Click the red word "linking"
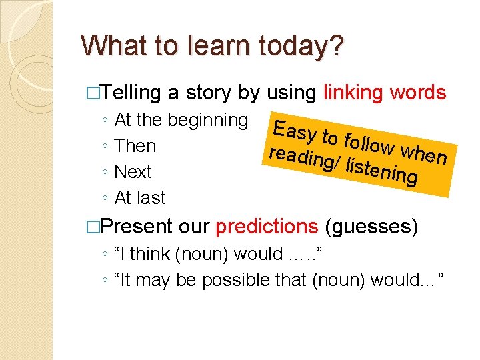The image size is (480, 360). click(354, 93)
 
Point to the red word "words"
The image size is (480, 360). click(419, 93)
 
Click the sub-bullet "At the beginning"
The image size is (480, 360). click(181, 120)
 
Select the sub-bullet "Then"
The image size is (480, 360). click(135, 146)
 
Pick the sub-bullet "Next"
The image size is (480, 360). click(133, 172)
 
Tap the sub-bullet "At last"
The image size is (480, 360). click(140, 198)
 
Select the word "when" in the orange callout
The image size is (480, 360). click(425, 153)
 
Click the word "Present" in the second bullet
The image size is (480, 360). click(138, 227)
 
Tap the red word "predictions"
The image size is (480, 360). click(267, 227)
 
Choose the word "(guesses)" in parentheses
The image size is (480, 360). click(371, 227)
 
